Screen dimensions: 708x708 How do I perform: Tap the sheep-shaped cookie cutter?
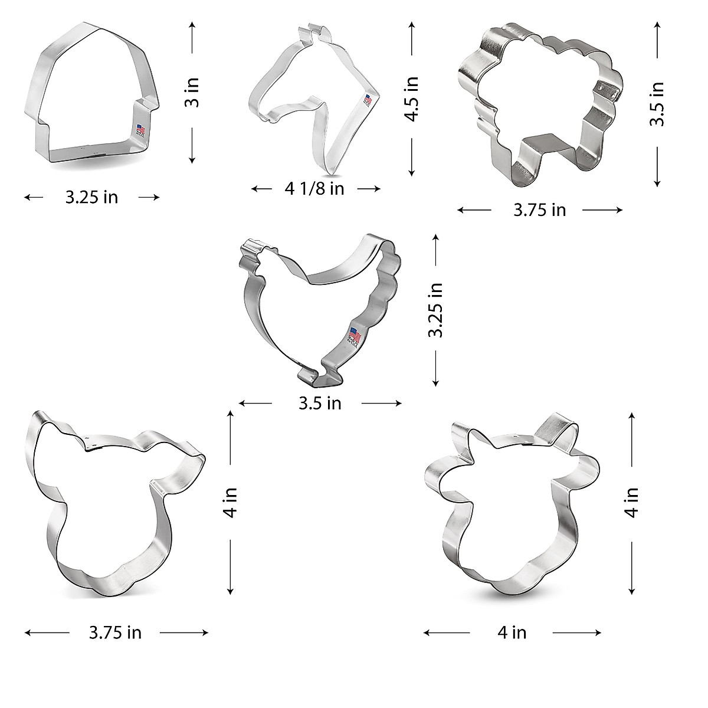point(540,103)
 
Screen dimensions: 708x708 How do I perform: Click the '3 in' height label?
point(192,93)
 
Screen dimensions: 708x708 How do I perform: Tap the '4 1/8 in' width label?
point(314,189)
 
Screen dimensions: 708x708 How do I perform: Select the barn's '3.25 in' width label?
point(91,197)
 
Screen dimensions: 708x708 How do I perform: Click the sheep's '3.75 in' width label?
point(539,210)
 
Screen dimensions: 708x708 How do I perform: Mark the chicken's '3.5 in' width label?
point(320,404)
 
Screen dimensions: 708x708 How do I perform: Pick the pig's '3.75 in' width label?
point(115,633)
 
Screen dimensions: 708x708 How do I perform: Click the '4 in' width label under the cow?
point(512,633)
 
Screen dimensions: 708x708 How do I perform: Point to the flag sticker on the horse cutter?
point(368,101)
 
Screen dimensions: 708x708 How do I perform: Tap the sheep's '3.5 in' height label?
point(657,103)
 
